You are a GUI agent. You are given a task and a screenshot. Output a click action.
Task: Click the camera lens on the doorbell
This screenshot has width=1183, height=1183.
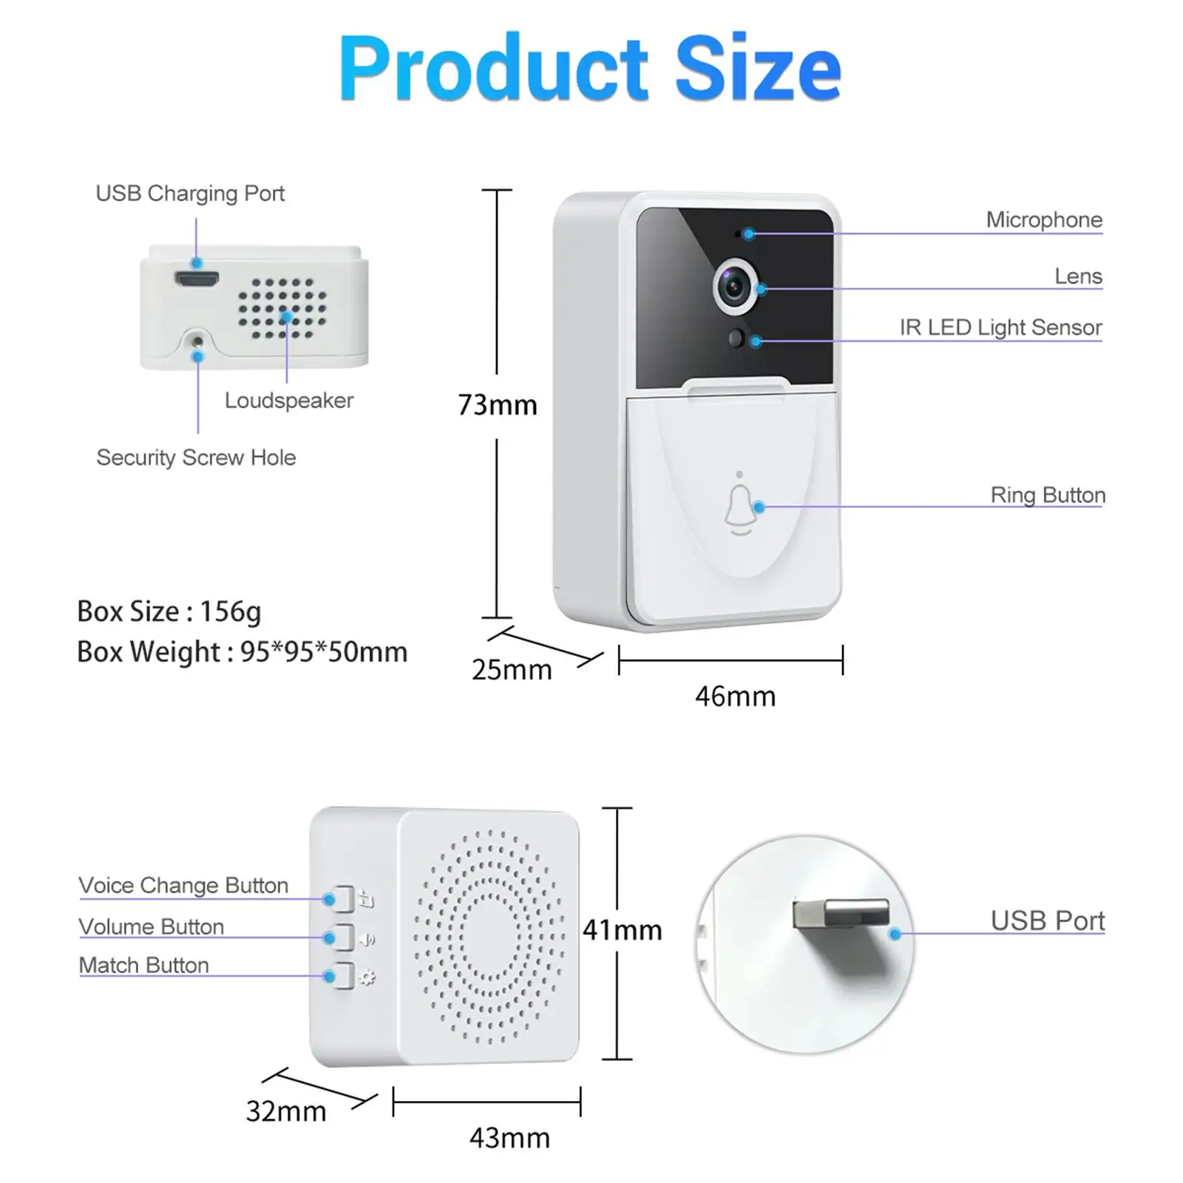click(734, 286)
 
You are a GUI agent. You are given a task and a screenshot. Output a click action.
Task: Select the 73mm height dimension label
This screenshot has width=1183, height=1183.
click(497, 405)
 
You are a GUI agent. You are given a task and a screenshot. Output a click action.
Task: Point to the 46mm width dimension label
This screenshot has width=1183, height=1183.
click(735, 696)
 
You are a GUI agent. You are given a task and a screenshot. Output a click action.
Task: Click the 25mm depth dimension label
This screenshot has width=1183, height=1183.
click(512, 670)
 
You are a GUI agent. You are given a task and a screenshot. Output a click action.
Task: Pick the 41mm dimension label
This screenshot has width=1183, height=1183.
click(622, 930)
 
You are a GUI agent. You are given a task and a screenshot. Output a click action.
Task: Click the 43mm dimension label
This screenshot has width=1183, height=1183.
click(509, 1138)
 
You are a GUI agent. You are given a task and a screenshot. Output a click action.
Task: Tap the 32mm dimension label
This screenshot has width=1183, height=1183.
click(285, 1111)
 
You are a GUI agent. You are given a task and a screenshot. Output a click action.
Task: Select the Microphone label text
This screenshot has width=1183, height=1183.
click(1043, 220)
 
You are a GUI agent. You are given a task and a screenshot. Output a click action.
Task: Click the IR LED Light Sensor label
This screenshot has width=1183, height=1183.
click(1000, 328)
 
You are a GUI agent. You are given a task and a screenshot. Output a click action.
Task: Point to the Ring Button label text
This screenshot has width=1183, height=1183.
click(1048, 495)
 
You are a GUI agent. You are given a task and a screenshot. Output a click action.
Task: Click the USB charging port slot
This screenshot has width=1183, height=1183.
click(197, 279)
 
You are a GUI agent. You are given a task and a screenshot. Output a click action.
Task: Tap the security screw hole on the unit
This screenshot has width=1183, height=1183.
click(197, 342)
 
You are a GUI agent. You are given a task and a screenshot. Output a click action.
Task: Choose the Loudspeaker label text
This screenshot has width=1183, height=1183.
click(288, 401)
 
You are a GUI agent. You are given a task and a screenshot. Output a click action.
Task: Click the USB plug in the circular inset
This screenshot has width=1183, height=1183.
click(841, 914)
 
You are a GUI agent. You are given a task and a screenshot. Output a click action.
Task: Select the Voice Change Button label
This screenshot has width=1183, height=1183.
click(183, 885)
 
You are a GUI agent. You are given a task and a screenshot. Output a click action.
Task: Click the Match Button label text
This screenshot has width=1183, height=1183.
click(144, 965)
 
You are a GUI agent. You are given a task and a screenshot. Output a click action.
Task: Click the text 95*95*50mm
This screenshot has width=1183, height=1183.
click(324, 652)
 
